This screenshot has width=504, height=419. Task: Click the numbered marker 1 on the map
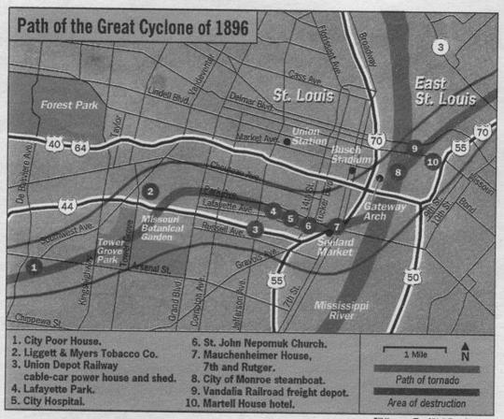pyautogui.click(x=34, y=267)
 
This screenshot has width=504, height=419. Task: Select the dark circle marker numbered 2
pyautogui.click(x=149, y=192)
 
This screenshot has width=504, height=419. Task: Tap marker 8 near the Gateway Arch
pyautogui.click(x=399, y=171)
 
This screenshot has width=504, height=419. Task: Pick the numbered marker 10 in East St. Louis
pyautogui.click(x=432, y=161)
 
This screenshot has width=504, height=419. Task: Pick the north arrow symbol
pyautogui.click(x=465, y=354)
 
